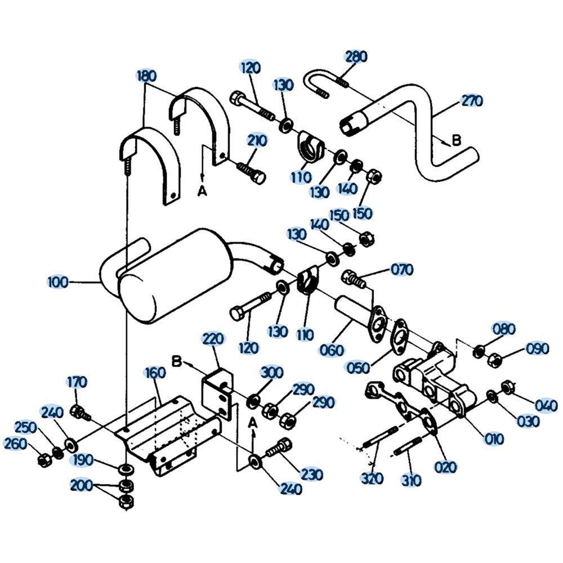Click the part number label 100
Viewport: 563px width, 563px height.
click(58, 282)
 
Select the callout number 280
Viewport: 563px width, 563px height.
click(356, 56)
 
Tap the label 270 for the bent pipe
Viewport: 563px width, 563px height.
click(472, 101)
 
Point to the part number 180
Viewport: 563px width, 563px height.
click(147, 76)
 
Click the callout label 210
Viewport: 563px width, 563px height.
click(257, 140)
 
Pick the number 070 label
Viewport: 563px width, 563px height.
click(402, 269)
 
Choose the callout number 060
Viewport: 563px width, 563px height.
click(332, 350)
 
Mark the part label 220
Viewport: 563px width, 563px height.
click(213, 338)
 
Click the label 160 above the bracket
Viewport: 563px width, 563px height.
click(155, 373)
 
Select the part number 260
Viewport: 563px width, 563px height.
click(15, 444)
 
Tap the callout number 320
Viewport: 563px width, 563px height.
click(372, 478)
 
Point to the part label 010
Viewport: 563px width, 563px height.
click(494, 439)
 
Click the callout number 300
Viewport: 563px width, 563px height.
click(272, 373)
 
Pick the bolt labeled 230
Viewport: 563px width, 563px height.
click(279, 448)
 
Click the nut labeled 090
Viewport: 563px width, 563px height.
click(495, 360)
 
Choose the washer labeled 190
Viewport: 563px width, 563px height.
click(126, 469)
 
